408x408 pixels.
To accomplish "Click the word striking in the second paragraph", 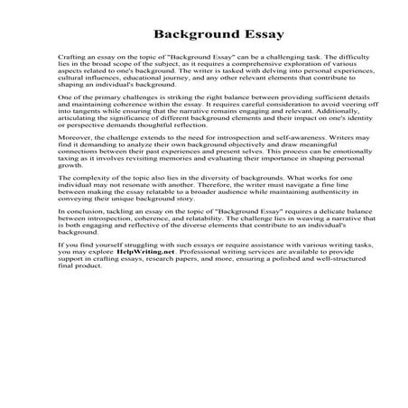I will click(x=188, y=121).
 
